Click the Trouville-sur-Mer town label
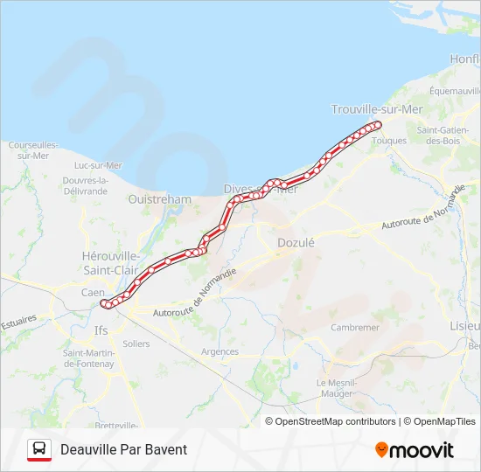coord(376,109)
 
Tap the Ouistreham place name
coord(159,199)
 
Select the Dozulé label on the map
coord(295,242)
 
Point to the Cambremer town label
coord(355,328)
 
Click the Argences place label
coord(219,351)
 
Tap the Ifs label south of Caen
coord(101,331)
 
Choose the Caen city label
coord(93,293)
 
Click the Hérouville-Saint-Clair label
coord(110,262)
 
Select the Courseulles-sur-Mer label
coord(33,149)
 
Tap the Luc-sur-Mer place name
coord(98,165)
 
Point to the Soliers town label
coord(136,344)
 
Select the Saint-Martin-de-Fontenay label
coord(88,357)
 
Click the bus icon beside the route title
coord(38,449)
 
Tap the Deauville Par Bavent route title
coord(123,450)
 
